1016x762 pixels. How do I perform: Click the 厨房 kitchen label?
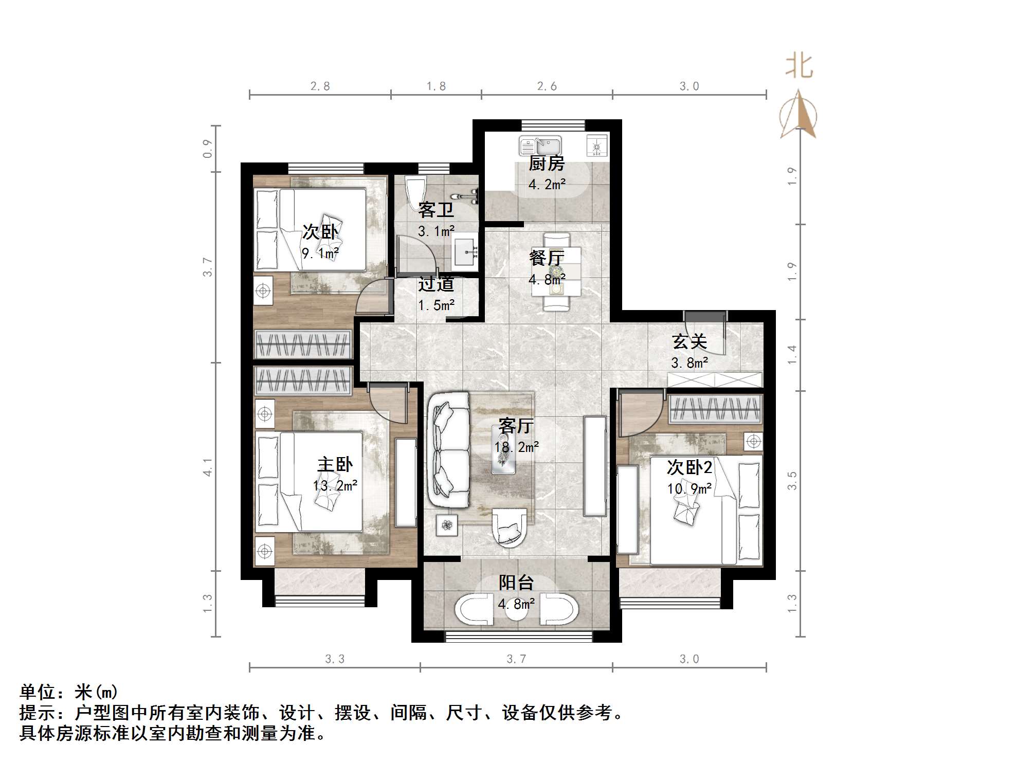547,164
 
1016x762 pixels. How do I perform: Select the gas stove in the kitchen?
597,146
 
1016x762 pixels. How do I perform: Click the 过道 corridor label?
436,284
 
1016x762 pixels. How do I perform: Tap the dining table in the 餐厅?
556,271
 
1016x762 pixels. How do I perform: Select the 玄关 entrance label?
690,341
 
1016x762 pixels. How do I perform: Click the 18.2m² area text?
516,447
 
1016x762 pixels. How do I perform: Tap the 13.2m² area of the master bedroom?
335,485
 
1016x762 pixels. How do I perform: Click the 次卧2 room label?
690,467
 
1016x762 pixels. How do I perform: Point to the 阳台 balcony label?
516,583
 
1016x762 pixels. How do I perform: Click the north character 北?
799,67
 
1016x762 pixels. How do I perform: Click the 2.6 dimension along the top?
547,86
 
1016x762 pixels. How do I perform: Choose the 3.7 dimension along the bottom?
516,659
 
